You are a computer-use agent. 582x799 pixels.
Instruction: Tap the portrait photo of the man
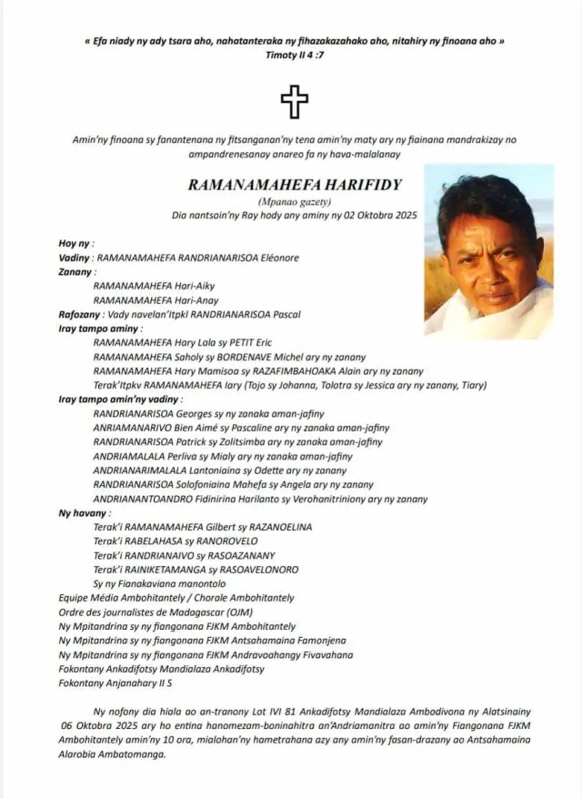coord(488,251)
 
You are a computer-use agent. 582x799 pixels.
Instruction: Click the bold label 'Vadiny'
coord(75,258)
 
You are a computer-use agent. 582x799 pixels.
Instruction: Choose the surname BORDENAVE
coord(266,357)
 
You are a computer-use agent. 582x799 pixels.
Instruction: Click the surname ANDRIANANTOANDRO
coord(145,499)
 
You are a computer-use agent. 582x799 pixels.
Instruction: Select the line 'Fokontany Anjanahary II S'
coord(115,683)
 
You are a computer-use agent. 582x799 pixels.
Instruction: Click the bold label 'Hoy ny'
coord(75,243)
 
